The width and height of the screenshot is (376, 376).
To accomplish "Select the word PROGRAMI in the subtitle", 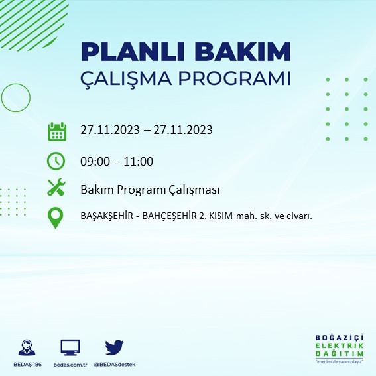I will [242, 78].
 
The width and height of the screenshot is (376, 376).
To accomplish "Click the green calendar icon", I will [57, 131].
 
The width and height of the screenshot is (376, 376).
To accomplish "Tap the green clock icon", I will [56, 161].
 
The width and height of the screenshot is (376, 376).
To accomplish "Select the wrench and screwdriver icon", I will [56, 188].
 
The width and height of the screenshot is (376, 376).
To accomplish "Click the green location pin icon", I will [56, 218].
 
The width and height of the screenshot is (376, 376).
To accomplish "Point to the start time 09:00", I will [95, 161].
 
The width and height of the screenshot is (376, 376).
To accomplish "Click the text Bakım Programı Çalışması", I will [149, 190].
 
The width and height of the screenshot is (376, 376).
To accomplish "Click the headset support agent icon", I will [27, 347].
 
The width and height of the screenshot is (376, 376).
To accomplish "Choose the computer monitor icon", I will [70, 347].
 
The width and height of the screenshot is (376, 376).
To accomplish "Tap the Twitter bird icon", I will [114, 347].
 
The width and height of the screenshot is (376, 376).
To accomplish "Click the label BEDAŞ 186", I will [27, 365].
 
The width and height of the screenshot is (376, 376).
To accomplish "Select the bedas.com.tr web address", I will [70, 365].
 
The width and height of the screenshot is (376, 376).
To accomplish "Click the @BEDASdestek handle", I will [115, 365].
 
